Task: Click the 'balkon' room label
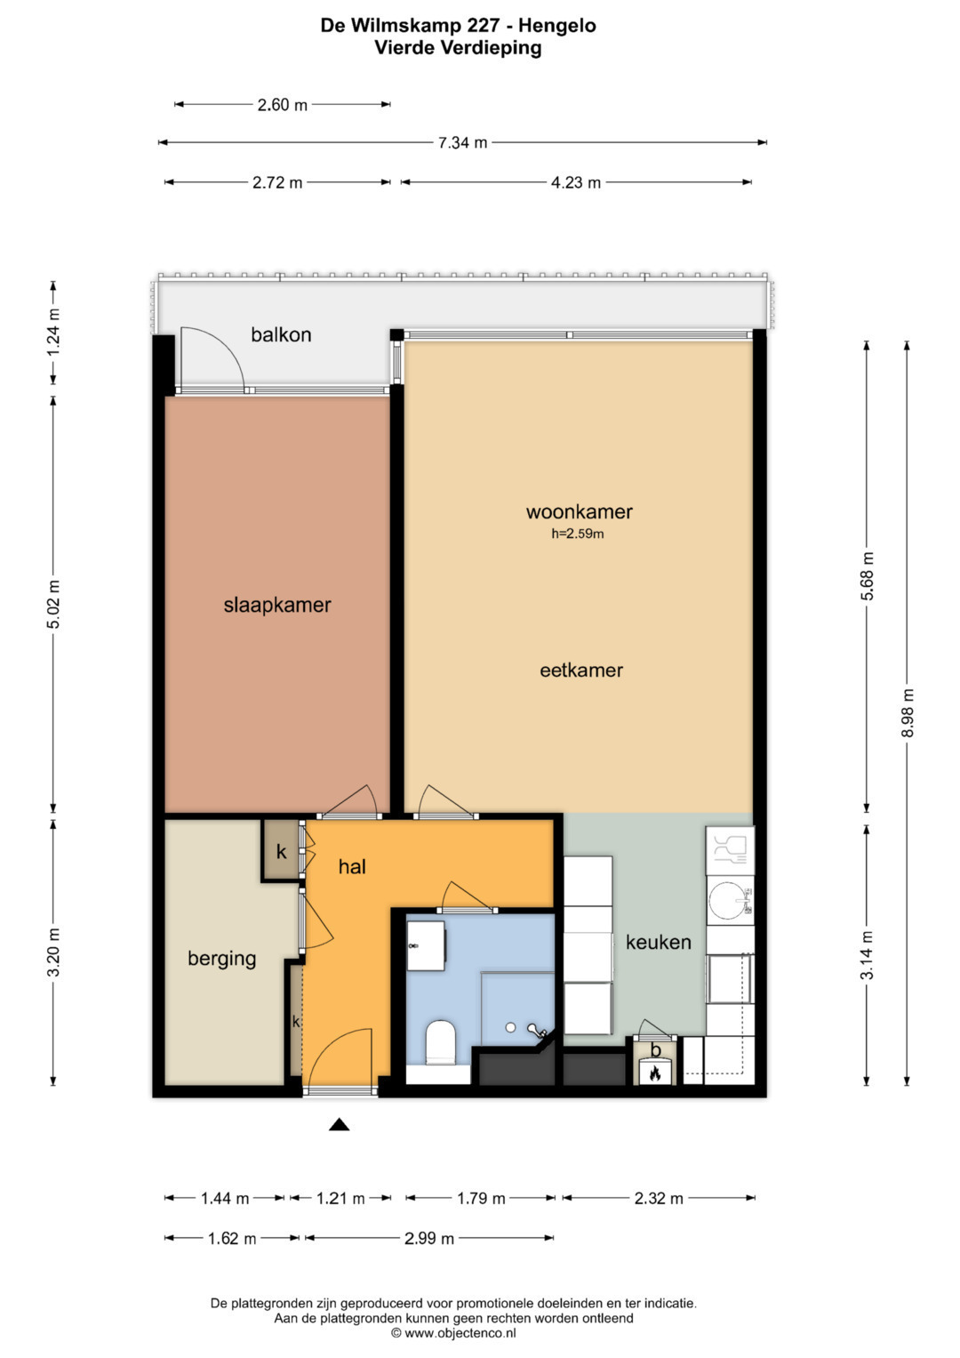(x=281, y=334)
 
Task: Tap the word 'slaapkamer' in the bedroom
(x=277, y=605)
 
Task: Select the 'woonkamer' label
(x=580, y=511)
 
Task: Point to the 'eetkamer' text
(x=581, y=670)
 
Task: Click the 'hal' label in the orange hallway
(x=352, y=866)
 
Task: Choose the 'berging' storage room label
(x=222, y=959)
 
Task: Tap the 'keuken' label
(x=658, y=942)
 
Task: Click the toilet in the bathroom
(x=441, y=1043)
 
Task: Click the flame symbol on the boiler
(x=654, y=1073)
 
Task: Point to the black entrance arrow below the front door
(x=340, y=1125)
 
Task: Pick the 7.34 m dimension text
(x=462, y=143)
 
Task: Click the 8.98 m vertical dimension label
(x=908, y=713)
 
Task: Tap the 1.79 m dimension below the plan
(x=481, y=1199)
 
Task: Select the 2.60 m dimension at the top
(x=283, y=105)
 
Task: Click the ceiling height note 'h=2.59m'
(x=578, y=534)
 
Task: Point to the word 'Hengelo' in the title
(x=557, y=26)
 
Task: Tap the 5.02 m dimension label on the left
(x=54, y=605)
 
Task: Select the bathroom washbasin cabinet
(x=426, y=945)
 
